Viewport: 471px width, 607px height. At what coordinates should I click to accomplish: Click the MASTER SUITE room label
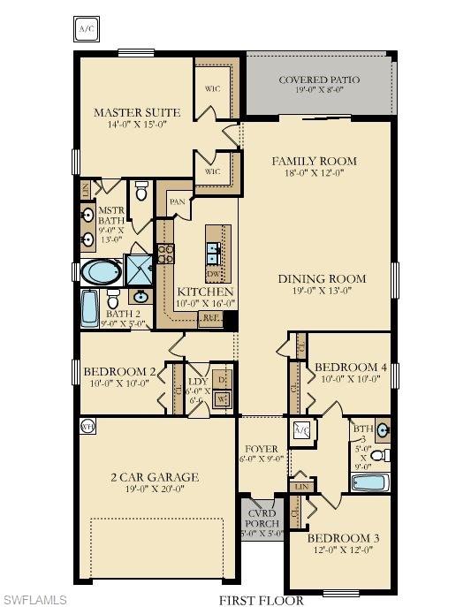click(x=137, y=113)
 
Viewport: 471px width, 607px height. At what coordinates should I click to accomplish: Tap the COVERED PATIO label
click(x=319, y=80)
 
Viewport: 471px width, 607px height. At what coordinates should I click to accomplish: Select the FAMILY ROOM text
click(x=314, y=161)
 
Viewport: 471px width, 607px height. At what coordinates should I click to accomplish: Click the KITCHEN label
click(x=205, y=292)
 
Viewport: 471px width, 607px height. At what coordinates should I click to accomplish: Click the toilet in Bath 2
click(x=114, y=298)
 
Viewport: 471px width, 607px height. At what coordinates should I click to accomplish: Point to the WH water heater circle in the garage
click(x=87, y=426)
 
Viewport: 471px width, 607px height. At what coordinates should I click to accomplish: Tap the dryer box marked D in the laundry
click(x=222, y=380)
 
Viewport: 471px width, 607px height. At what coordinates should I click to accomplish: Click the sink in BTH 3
click(x=382, y=431)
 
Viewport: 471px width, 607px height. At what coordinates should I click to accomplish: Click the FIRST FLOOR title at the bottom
click(x=261, y=600)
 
